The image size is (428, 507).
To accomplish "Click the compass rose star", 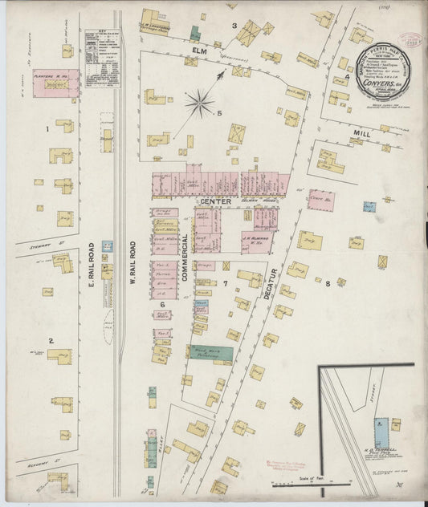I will coord(199,102).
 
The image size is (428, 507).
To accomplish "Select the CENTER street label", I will coord(216,201).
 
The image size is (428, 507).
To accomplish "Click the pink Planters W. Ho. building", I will coord(55,83).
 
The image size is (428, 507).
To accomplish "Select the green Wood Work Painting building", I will coord(211,353).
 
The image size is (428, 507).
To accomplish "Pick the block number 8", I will coord(328,284).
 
